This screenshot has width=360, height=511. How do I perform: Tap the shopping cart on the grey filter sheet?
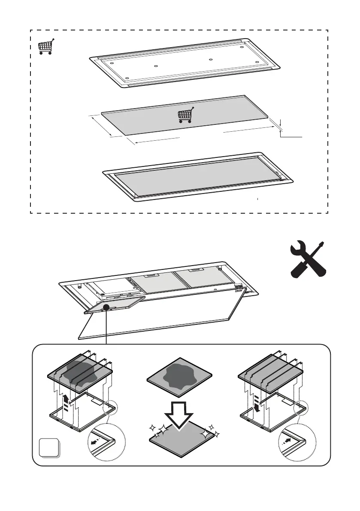point(185,115)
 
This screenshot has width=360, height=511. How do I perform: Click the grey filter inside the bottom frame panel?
point(197,176)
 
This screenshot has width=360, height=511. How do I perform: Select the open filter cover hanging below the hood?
point(115,305)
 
